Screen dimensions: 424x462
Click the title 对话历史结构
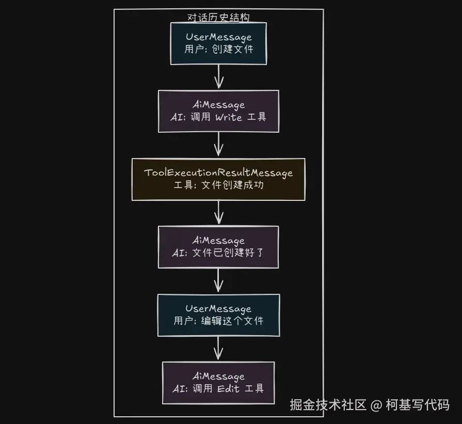218,18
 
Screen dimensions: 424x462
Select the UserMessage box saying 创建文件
218,43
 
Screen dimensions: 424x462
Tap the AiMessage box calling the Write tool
218,111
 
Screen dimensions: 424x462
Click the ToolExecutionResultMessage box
218,179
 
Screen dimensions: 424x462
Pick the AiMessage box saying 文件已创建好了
218,247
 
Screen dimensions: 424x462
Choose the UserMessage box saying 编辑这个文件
218,315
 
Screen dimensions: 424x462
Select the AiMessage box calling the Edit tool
218,383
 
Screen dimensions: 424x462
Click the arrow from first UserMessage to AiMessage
218,77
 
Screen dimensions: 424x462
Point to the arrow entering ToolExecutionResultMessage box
218,145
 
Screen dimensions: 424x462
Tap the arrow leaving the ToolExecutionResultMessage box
218,213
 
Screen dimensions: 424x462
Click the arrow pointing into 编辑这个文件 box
218,280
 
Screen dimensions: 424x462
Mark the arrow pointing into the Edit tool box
218,349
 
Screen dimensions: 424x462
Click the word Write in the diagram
228,117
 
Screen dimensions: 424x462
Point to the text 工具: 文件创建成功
218,185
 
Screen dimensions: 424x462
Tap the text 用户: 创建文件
218,50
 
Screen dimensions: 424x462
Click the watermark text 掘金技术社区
328,404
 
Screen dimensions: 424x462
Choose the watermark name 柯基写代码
418,404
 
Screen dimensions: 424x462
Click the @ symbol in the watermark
376,404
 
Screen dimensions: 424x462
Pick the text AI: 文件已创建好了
218,253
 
